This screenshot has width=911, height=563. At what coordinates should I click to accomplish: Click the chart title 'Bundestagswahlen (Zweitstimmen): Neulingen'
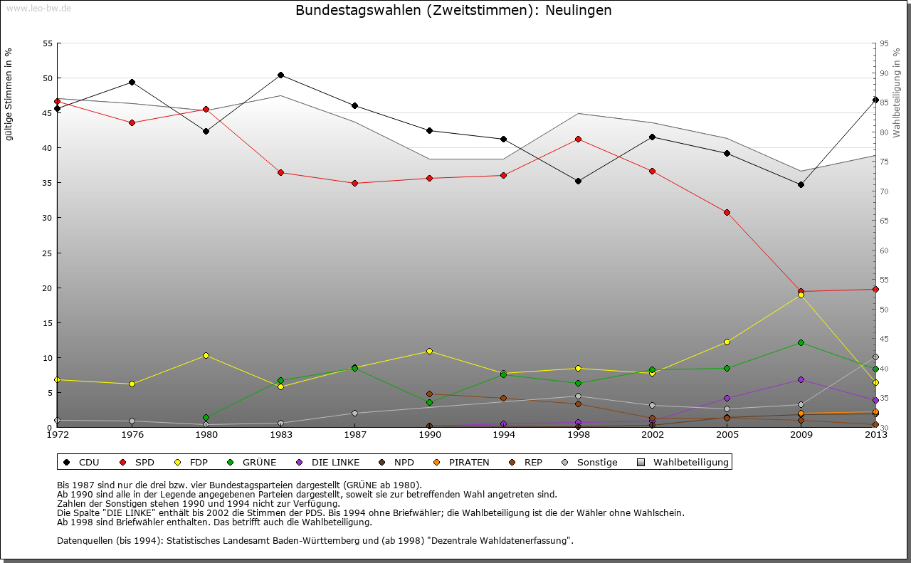coord(453,11)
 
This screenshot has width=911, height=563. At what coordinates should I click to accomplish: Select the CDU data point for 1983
coord(280,75)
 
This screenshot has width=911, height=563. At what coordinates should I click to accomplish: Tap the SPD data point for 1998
coord(578,139)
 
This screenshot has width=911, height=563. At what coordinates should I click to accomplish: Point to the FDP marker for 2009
coord(801,295)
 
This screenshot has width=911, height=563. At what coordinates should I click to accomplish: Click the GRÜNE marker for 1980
coord(206,417)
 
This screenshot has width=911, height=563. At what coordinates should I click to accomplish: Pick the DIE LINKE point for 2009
coord(801,379)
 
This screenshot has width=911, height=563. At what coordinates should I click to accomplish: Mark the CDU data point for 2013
coord(875,100)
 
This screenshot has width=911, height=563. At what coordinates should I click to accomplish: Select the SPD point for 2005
coord(727,212)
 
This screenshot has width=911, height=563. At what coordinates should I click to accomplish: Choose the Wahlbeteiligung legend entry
coord(683,463)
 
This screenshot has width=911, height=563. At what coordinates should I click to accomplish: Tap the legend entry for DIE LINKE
coord(327,463)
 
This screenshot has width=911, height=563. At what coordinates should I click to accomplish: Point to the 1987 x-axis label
coord(354,435)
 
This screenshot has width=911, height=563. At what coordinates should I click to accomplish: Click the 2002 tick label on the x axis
coord(652,435)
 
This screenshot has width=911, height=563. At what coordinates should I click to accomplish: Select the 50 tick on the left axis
coord(48,78)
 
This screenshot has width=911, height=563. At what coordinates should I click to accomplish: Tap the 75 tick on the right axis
coord(884,162)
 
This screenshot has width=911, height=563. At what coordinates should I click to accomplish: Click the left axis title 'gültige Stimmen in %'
coord(9,94)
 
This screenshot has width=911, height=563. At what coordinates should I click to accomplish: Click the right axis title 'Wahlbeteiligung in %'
coord(896,93)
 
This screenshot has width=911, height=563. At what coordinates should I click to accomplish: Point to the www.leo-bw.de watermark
coord(38,8)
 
